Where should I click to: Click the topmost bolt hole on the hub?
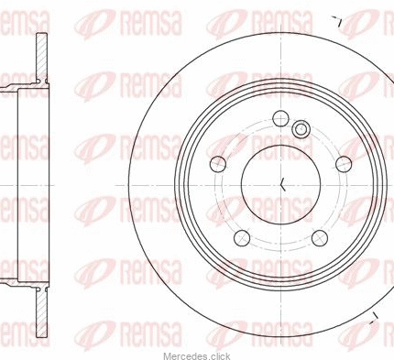pos(280,118)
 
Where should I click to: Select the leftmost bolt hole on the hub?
pos(218,164)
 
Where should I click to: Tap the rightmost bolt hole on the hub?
pos(344,164)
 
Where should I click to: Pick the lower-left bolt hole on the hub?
pos(242,238)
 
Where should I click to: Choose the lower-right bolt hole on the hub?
pos(320,238)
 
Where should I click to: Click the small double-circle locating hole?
pos(301,129)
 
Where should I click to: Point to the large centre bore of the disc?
pos(280,184)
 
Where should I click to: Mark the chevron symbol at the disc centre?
pos(283,184)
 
